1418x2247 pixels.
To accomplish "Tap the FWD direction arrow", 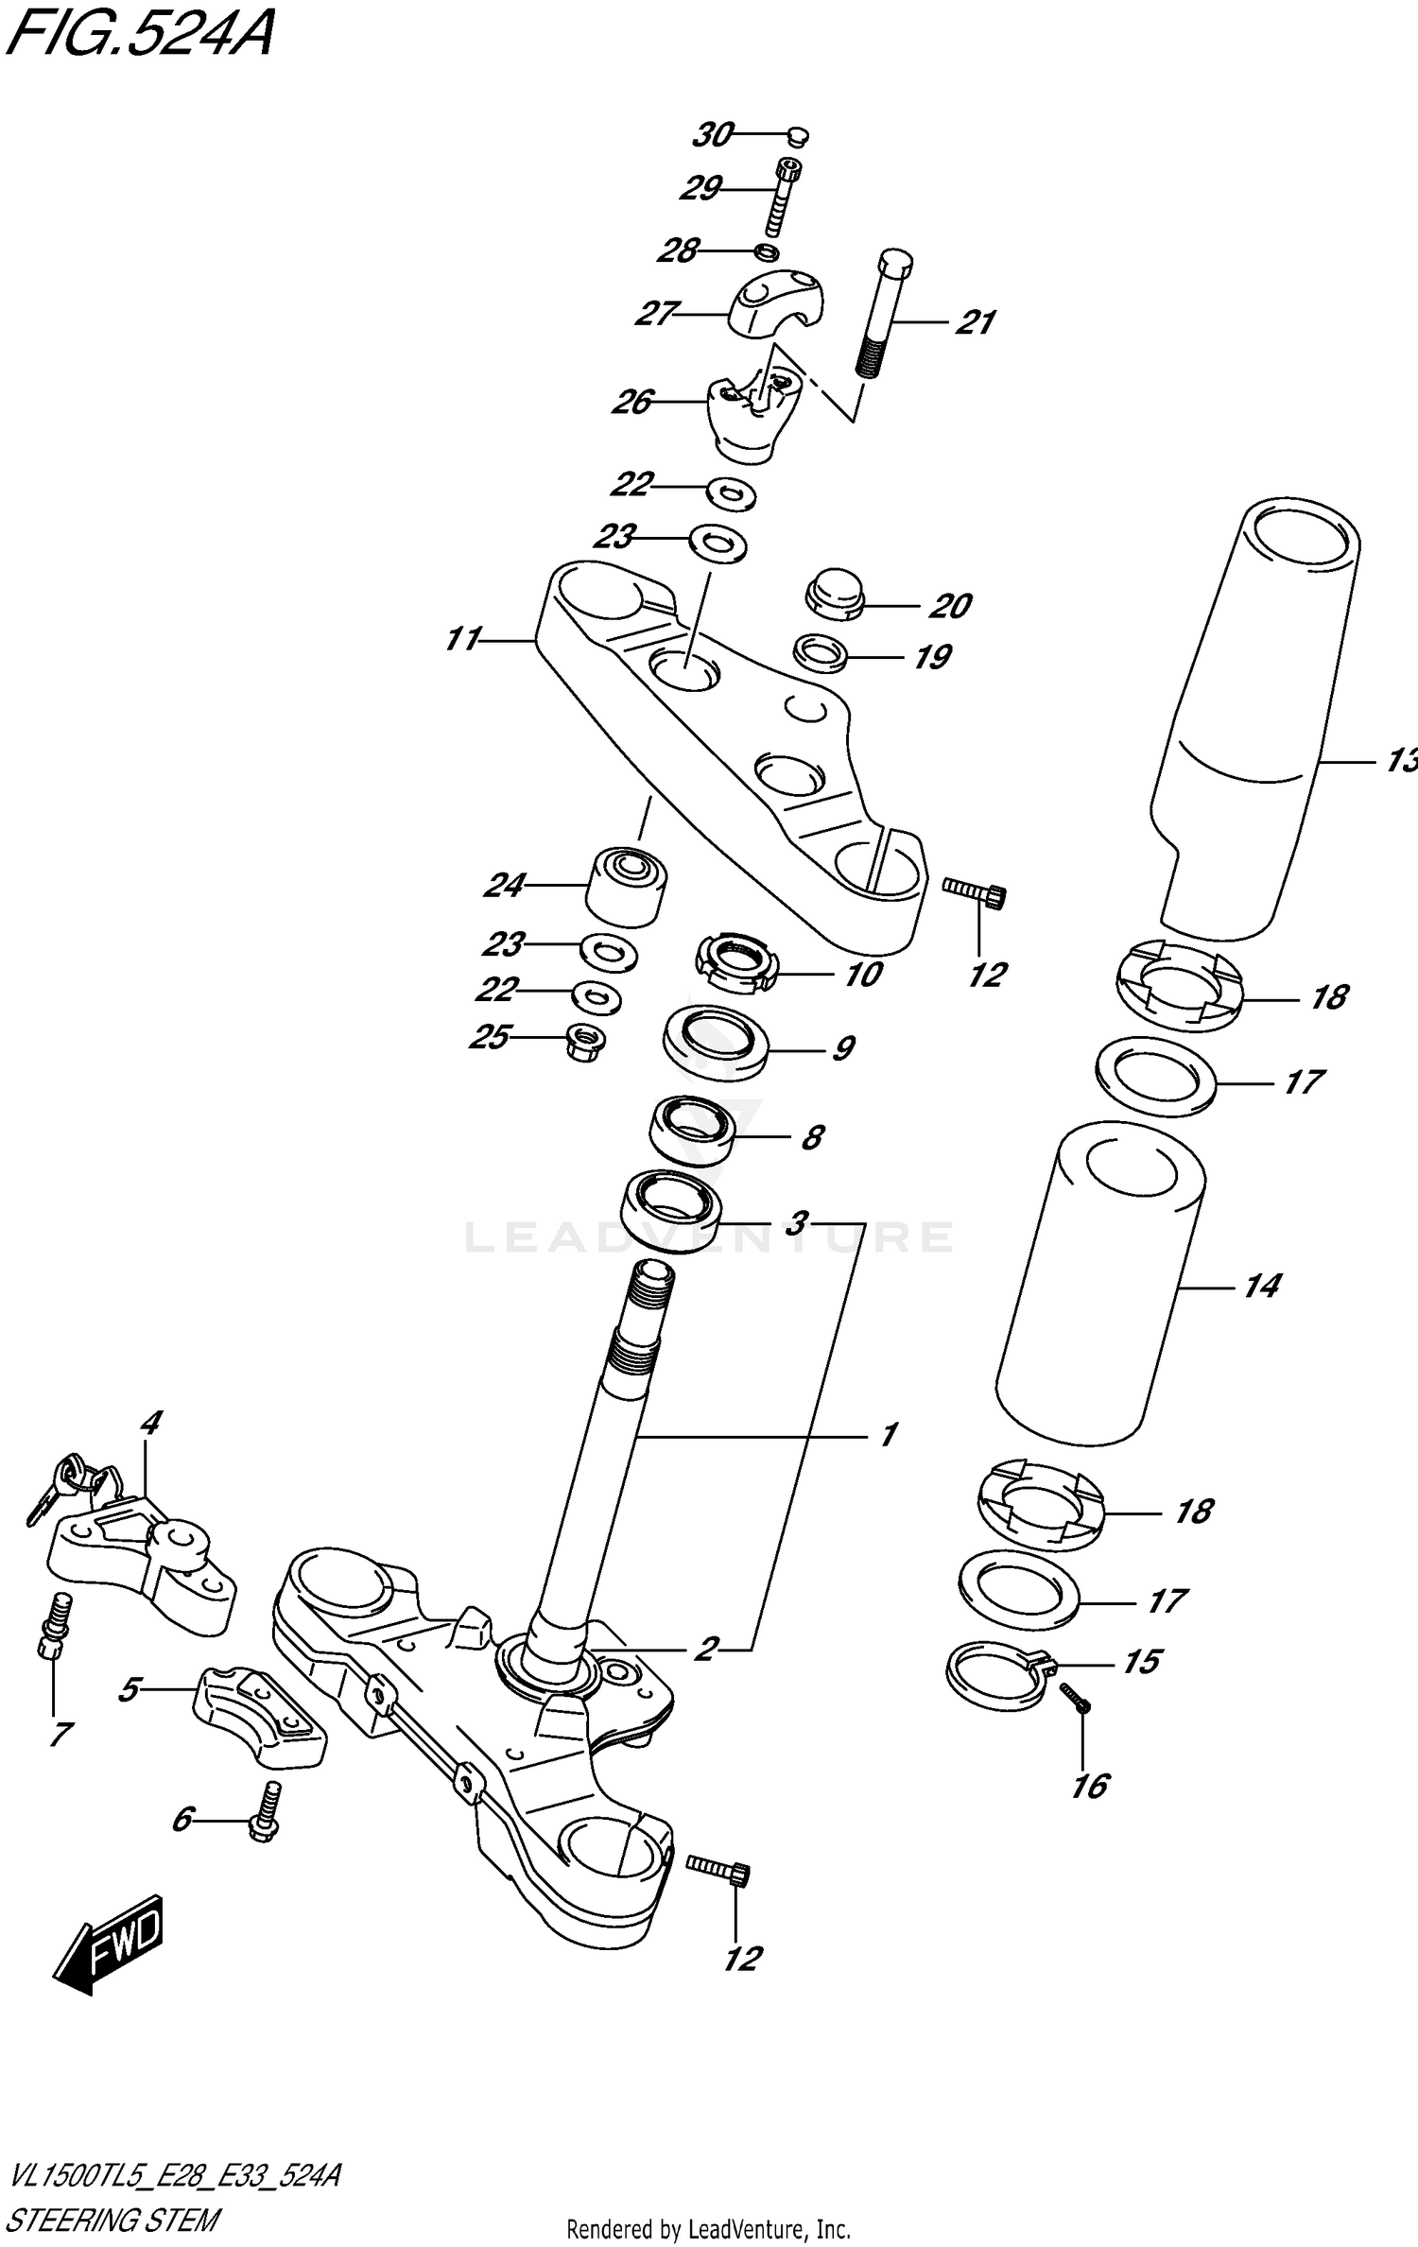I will [108, 1944].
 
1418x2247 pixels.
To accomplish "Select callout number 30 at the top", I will [713, 135].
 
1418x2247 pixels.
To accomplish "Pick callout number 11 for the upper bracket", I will [463, 640].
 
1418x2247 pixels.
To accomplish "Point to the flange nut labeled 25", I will [583, 1043].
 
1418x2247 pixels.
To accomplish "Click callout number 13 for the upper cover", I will [1399, 760].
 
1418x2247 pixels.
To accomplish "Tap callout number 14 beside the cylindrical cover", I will [1262, 1286].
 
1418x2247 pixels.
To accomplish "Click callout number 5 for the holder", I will [130, 1688].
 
